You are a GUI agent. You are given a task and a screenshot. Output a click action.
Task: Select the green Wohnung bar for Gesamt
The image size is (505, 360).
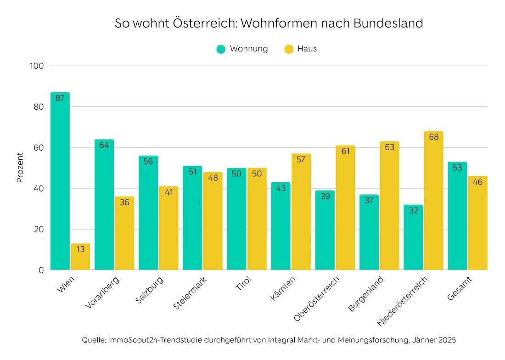click(457, 216)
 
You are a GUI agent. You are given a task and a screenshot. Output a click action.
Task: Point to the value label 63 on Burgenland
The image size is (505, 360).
click(389, 147)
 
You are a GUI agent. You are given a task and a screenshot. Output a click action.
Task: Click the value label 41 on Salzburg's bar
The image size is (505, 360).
click(168, 192)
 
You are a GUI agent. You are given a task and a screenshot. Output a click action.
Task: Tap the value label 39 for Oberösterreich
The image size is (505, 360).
click(325, 197)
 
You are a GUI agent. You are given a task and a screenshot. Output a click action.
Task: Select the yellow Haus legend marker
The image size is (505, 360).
click(289, 49)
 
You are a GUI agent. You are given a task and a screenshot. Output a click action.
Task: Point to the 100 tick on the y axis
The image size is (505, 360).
click(37, 66)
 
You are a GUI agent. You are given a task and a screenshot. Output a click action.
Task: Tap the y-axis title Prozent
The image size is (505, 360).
click(20, 168)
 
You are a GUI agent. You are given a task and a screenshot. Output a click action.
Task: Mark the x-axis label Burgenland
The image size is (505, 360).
click(366, 294)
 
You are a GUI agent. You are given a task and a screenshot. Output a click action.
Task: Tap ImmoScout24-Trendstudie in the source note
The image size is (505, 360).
click(154, 340)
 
